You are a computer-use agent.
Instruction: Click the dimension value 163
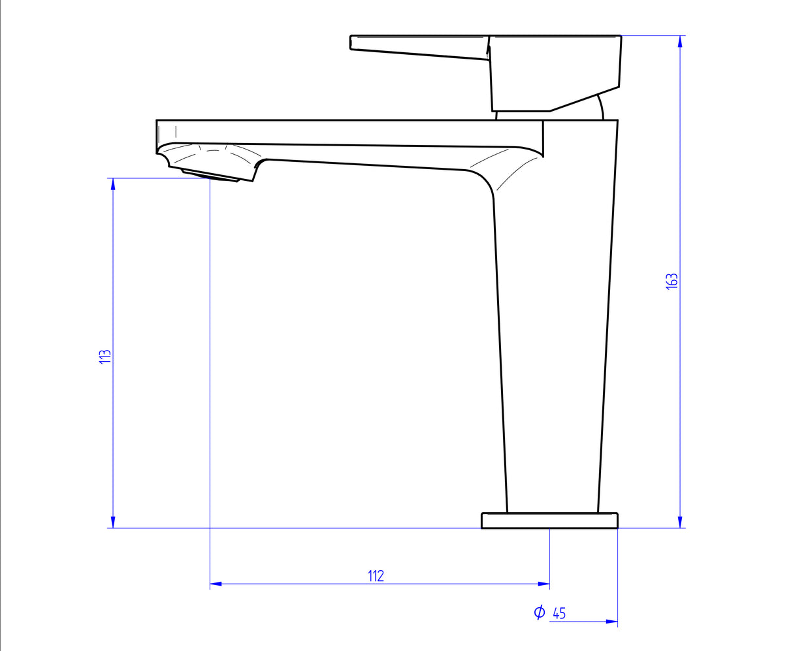[x=672, y=281]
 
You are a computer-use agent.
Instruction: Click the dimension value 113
[x=105, y=357]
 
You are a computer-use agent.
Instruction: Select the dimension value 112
[x=376, y=576]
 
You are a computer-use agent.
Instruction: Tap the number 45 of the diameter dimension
[x=559, y=613]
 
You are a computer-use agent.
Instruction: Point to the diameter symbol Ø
[x=539, y=612]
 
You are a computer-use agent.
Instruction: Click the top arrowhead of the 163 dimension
[x=680, y=41]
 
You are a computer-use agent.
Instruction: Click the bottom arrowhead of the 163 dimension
[x=680, y=522]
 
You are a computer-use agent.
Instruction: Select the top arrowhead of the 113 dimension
[x=113, y=184]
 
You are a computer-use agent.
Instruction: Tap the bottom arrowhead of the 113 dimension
[x=113, y=522]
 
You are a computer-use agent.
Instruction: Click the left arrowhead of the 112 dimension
[x=216, y=584]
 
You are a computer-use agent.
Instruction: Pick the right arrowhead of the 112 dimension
[x=543, y=584]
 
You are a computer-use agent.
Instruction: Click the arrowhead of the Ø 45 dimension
[x=611, y=622]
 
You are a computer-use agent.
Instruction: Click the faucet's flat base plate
[x=549, y=520]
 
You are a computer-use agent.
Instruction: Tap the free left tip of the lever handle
[x=353, y=42]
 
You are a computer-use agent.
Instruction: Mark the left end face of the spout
[x=158, y=136]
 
